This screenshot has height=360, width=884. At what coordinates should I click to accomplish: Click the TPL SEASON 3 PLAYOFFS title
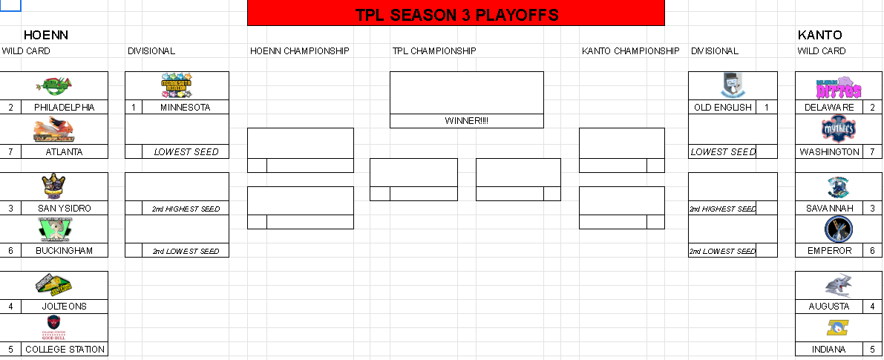[456, 15]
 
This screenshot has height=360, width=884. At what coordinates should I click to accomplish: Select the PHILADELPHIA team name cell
[65, 108]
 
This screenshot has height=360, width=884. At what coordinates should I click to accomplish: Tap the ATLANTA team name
[65, 152]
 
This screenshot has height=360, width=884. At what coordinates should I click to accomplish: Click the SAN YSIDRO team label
[65, 209]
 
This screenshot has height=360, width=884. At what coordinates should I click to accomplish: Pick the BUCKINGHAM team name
[65, 251]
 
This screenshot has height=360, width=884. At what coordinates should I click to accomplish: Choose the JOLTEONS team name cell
[65, 307]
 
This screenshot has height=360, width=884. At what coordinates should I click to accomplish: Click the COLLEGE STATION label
[65, 349]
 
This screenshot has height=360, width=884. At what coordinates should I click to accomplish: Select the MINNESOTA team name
[186, 108]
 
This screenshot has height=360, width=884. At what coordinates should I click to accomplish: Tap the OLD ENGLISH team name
[723, 108]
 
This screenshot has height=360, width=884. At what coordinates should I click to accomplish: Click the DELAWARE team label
[828, 108]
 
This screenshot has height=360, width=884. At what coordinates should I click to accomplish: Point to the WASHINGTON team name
[828, 152]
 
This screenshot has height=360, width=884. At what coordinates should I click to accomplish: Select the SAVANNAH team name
[828, 209]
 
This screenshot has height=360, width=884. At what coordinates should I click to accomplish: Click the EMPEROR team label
[828, 251]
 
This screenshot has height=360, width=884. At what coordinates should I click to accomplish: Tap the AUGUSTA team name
[828, 307]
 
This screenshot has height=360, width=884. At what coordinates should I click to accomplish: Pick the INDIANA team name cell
[828, 349]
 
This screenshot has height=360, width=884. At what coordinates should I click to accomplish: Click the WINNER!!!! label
[467, 121]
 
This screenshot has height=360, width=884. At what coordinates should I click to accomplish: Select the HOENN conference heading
[46, 35]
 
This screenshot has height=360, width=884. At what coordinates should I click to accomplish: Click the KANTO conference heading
[819, 35]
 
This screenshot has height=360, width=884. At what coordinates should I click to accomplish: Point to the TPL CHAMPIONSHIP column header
[434, 51]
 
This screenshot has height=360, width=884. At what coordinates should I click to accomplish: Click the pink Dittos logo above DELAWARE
[839, 88]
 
